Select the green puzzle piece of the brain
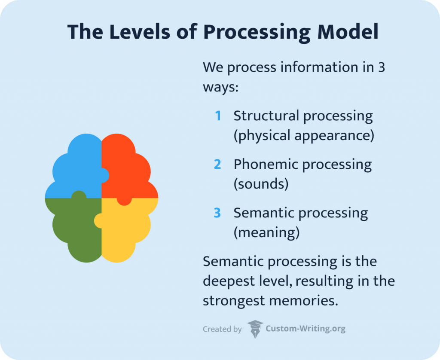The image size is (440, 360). click(75, 228)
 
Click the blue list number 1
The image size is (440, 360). click(218, 116)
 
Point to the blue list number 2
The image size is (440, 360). click(217, 165)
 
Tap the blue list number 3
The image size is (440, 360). click(217, 213)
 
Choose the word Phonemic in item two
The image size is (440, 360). click(266, 165)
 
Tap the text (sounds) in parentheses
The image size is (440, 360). click(261, 184)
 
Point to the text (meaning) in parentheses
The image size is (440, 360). click(266, 233)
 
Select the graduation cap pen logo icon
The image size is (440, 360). click(255, 329)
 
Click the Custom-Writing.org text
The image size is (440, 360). click(305, 329)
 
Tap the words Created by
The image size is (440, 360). click(222, 329)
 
